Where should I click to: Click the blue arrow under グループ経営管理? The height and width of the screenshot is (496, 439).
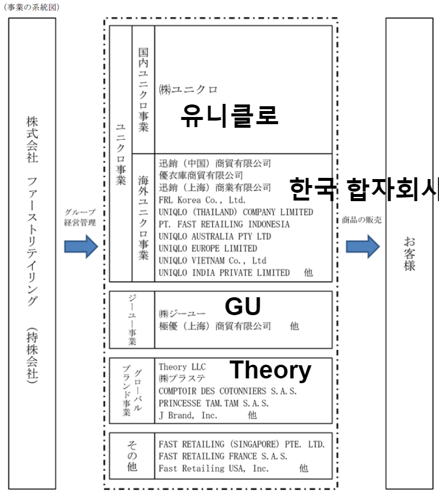tap(81, 246)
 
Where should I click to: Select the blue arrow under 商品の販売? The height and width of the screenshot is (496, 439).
tap(363, 246)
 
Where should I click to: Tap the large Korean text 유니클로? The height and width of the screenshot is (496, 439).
tap(229, 115)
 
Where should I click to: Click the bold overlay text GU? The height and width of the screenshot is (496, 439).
tap(243, 306)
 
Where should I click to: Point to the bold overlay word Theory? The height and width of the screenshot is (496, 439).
tap(270, 370)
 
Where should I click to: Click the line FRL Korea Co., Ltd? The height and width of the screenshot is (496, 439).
tap(202, 200)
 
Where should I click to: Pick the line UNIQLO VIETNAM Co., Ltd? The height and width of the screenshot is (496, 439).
tap(213, 261)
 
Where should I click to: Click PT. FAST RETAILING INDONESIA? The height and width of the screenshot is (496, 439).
tap(224, 224)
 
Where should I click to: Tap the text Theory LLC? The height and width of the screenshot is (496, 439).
tap(182, 366)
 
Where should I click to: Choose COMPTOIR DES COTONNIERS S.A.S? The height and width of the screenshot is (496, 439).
tap(228, 392)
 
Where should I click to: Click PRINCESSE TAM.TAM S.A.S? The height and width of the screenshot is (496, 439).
tap(214, 403)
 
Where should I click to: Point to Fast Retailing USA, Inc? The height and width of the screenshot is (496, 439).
tap(214, 469)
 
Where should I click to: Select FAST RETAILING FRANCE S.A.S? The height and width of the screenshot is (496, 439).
tap(223, 457)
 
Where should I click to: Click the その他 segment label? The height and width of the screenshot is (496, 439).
tap(132, 455)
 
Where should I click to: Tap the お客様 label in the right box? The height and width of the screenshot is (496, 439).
tap(409, 254)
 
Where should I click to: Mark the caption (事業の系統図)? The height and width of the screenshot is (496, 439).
tap(31, 7)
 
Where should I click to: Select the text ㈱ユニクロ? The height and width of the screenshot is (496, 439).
tap(188, 90)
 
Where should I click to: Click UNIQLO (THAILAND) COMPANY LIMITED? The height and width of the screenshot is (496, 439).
tap(236, 212)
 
